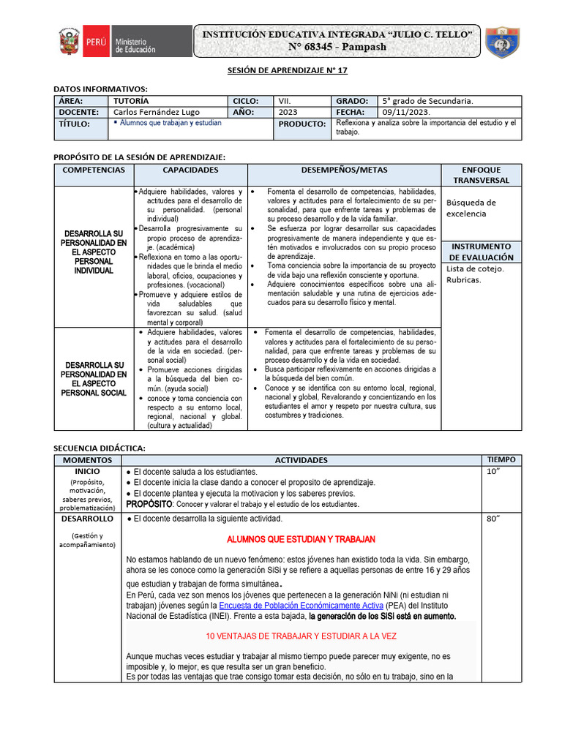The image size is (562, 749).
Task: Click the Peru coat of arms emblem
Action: click(70, 42)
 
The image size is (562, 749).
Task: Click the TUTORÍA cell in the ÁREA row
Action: click(132, 101)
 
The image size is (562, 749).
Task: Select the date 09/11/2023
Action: click(407, 113)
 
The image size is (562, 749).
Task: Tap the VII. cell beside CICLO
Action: click(285, 101)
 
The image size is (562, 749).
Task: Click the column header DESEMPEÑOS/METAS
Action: click(344, 170)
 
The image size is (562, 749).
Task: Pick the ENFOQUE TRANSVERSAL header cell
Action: click(482, 175)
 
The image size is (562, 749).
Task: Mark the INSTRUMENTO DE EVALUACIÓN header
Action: click(482, 252)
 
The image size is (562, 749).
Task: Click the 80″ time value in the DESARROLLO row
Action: click(492, 519)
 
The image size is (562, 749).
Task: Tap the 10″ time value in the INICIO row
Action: click(492, 472)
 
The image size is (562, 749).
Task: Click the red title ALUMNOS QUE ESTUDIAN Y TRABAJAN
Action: click(301, 539)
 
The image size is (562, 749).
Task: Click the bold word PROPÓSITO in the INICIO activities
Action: click(149, 504)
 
